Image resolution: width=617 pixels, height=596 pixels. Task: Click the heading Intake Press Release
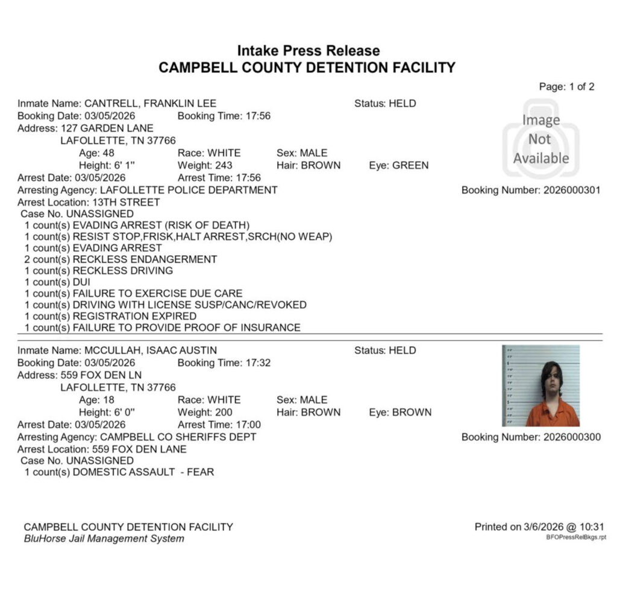click(x=308, y=51)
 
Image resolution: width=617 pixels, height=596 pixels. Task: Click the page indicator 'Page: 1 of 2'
click(x=566, y=87)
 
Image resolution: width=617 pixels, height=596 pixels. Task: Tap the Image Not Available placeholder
click(x=540, y=139)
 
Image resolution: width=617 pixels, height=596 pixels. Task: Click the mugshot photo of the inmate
click(x=540, y=386)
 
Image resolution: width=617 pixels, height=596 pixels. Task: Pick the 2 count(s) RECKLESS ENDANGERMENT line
click(x=121, y=259)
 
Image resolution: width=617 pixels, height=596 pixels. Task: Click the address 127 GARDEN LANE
click(x=107, y=128)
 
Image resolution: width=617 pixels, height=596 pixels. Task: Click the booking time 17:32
click(x=257, y=363)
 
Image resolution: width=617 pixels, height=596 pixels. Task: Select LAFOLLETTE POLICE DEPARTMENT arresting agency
click(x=189, y=190)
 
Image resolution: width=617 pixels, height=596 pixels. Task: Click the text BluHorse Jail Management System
click(x=104, y=538)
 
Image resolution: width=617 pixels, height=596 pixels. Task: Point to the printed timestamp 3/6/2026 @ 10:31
click(x=563, y=527)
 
